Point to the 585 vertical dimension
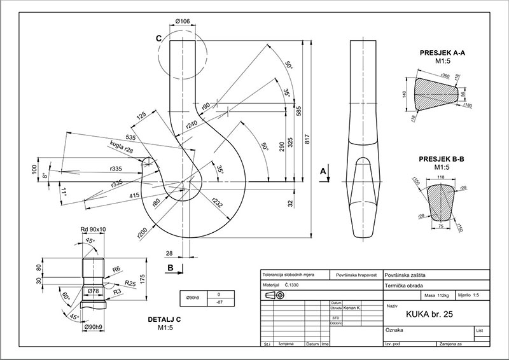[x=299, y=111]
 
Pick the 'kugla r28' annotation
[x=120, y=147]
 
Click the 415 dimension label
[x=135, y=196]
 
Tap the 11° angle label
[x=64, y=190]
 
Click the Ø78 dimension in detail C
[x=92, y=291]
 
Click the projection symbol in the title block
[x=274, y=296]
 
